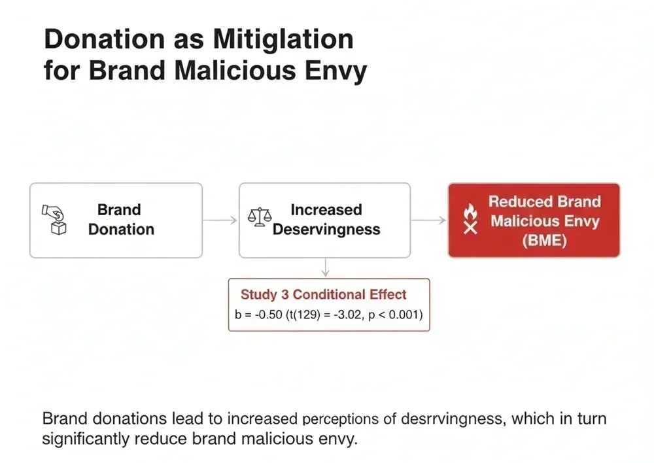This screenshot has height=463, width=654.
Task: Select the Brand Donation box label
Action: tap(121, 220)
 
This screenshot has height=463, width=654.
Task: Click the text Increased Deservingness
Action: tap(326, 220)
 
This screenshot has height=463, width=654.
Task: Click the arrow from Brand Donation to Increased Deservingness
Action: tap(220, 220)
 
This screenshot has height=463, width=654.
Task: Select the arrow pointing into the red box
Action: tap(429, 220)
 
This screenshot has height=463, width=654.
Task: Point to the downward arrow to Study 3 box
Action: tap(326, 267)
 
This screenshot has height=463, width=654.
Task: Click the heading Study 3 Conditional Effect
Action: tap(323, 295)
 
